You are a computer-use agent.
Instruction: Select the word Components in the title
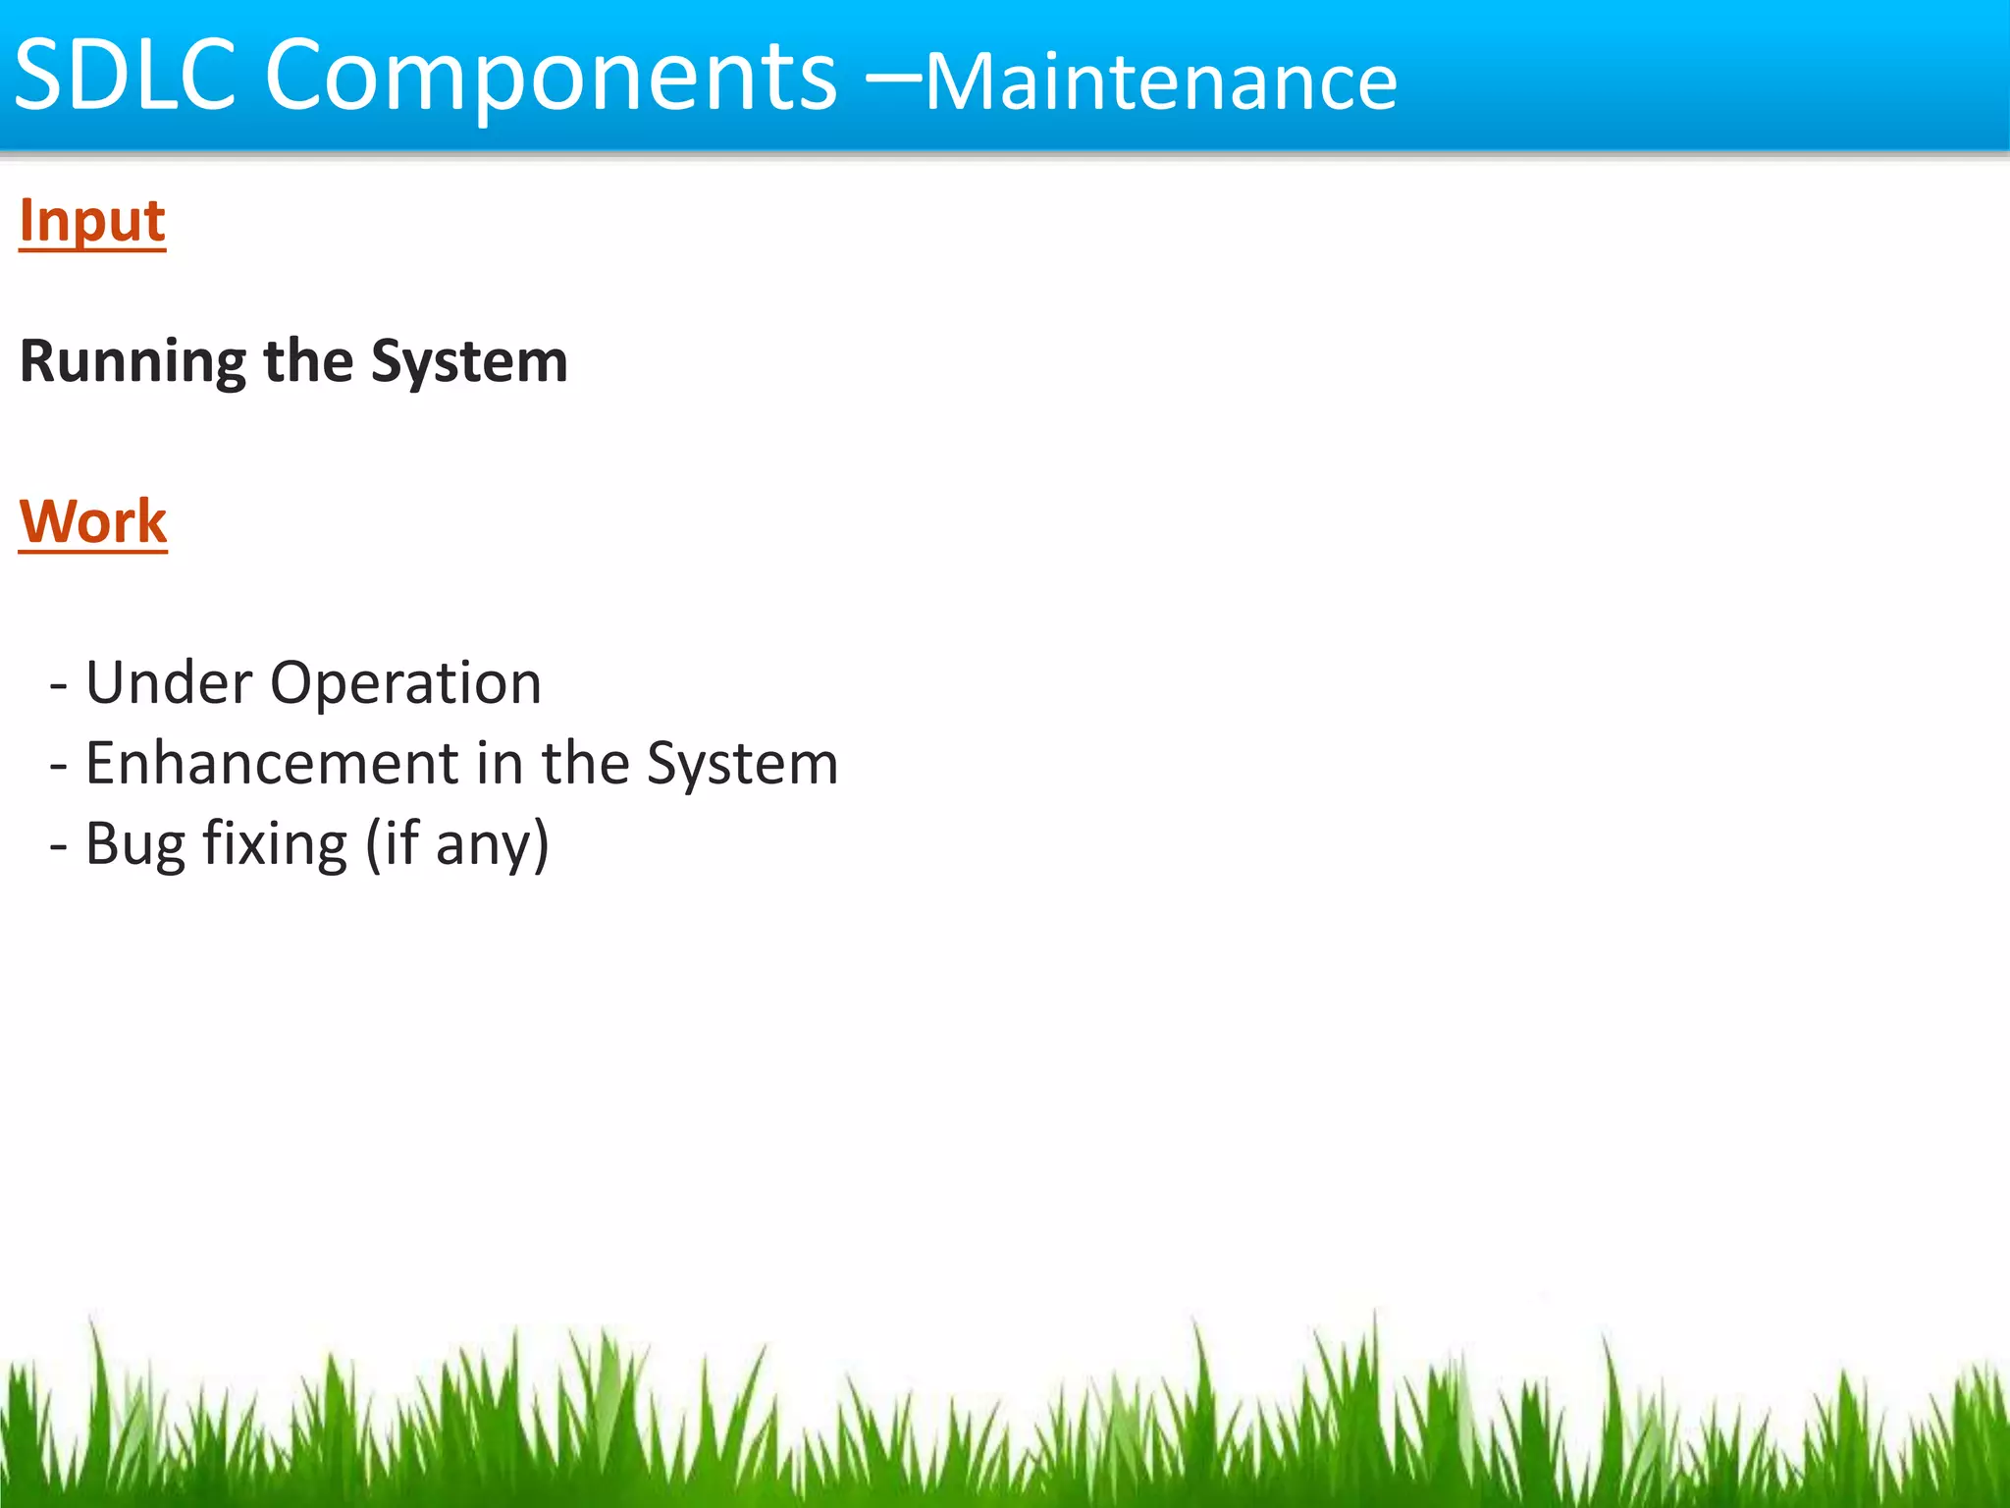click(551, 79)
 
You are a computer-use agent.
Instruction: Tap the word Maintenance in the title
click(1160, 82)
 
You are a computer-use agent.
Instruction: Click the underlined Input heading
click(92, 221)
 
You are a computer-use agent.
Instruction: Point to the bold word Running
click(132, 363)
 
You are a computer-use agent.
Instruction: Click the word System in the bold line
click(469, 363)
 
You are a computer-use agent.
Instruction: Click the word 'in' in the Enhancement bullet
click(500, 764)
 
